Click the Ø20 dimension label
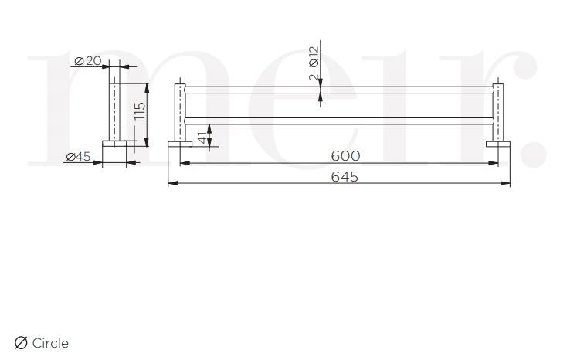(x=90, y=61)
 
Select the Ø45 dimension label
(x=79, y=157)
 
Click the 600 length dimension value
(x=345, y=155)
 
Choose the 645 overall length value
(x=345, y=176)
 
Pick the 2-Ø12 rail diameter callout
(x=313, y=64)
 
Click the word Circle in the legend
(x=50, y=342)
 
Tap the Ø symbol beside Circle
(x=22, y=342)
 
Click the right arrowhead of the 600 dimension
(x=494, y=162)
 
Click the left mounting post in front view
(x=182, y=112)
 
